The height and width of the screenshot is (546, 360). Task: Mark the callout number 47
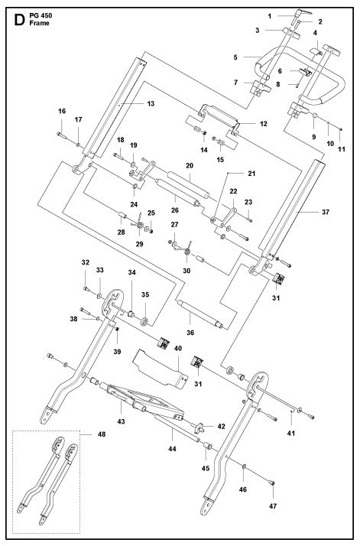pyautogui.click(x=274, y=505)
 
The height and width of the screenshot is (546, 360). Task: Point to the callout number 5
pyautogui.click(x=237, y=57)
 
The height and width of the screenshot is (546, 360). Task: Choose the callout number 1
pyautogui.click(x=270, y=15)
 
